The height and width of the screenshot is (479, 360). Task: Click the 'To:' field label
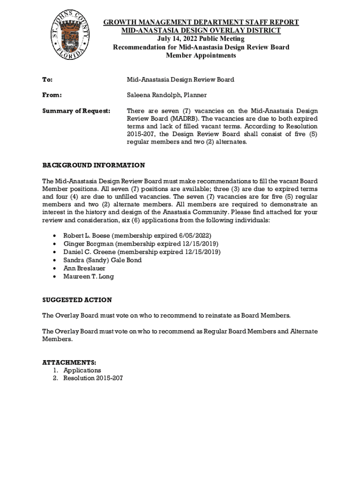pyautogui.click(x=47, y=80)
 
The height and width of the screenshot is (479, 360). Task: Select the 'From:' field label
pyautogui.click(x=52, y=95)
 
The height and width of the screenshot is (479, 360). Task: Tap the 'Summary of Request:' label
pyautogui.click(x=76, y=111)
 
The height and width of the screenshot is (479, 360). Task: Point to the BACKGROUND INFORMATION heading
pyautogui.click(x=94, y=166)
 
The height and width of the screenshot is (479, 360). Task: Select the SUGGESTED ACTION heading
pyautogui.click(x=77, y=300)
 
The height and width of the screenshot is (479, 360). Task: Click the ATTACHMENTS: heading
pyautogui.click(x=69, y=363)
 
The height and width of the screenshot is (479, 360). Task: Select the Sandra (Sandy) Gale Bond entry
pyautogui.click(x=102, y=260)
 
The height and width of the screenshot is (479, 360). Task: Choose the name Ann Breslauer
pyautogui.click(x=84, y=269)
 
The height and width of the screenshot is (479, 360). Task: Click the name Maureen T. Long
pyautogui.click(x=88, y=276)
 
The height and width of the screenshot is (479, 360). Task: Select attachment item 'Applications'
pyautogui.click(x=82, y=370)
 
